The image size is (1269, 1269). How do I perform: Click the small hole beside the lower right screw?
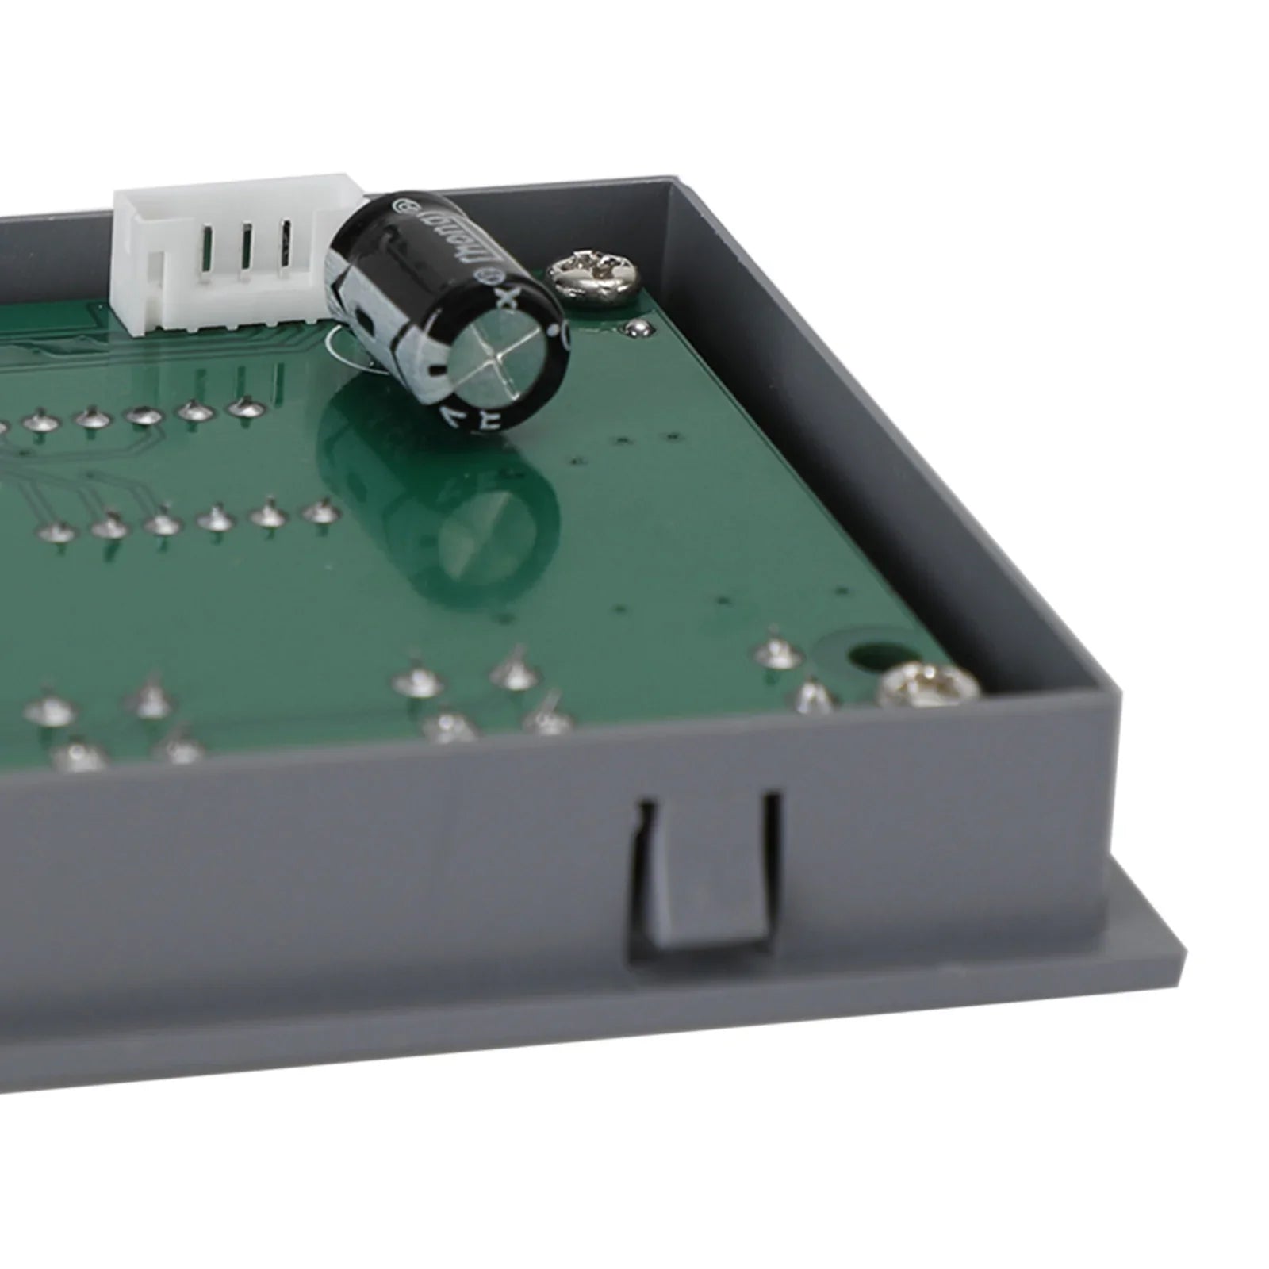coord(861,656)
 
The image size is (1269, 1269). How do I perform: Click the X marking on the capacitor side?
coord(508,298)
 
